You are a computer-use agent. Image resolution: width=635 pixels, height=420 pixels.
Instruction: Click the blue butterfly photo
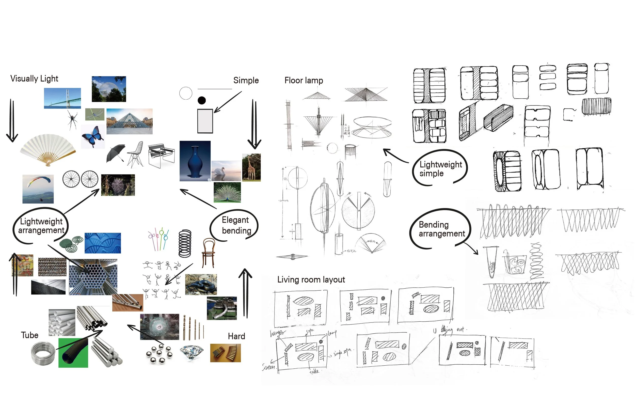click(x=93, y=137)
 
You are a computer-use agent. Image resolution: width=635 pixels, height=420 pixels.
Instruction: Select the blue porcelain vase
click(x=195, y=161)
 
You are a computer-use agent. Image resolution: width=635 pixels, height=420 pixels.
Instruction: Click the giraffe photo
click(x=251, y=167)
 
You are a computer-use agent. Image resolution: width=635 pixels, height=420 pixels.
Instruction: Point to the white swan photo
click(x=226, y=171)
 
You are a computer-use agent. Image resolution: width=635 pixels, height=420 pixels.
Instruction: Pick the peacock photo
click(x=227, y=192)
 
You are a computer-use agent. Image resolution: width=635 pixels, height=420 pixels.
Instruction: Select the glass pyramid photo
click(x=129, y=121)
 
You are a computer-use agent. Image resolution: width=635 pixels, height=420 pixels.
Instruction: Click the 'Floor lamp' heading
click(x=304, y=80)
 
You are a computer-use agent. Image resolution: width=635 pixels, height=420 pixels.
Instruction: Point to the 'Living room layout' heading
click(x=311, y=280)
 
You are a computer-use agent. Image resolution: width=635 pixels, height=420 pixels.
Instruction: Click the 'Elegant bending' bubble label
click(x=236, y=225)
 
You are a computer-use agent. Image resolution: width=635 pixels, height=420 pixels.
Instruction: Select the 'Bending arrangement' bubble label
click(x=441, y=229)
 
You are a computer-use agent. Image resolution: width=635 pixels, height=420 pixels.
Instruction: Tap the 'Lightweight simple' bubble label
click(x=440, y=169)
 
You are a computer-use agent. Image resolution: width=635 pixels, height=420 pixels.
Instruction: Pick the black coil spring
click(x=185, y=243)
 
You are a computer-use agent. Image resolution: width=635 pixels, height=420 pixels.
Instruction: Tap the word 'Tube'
click(x=29, y=335)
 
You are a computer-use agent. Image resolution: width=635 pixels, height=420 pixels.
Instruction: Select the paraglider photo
click(x=38, y=189)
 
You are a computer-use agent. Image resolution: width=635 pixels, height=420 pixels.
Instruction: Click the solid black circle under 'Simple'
click(x=201, y=100)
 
